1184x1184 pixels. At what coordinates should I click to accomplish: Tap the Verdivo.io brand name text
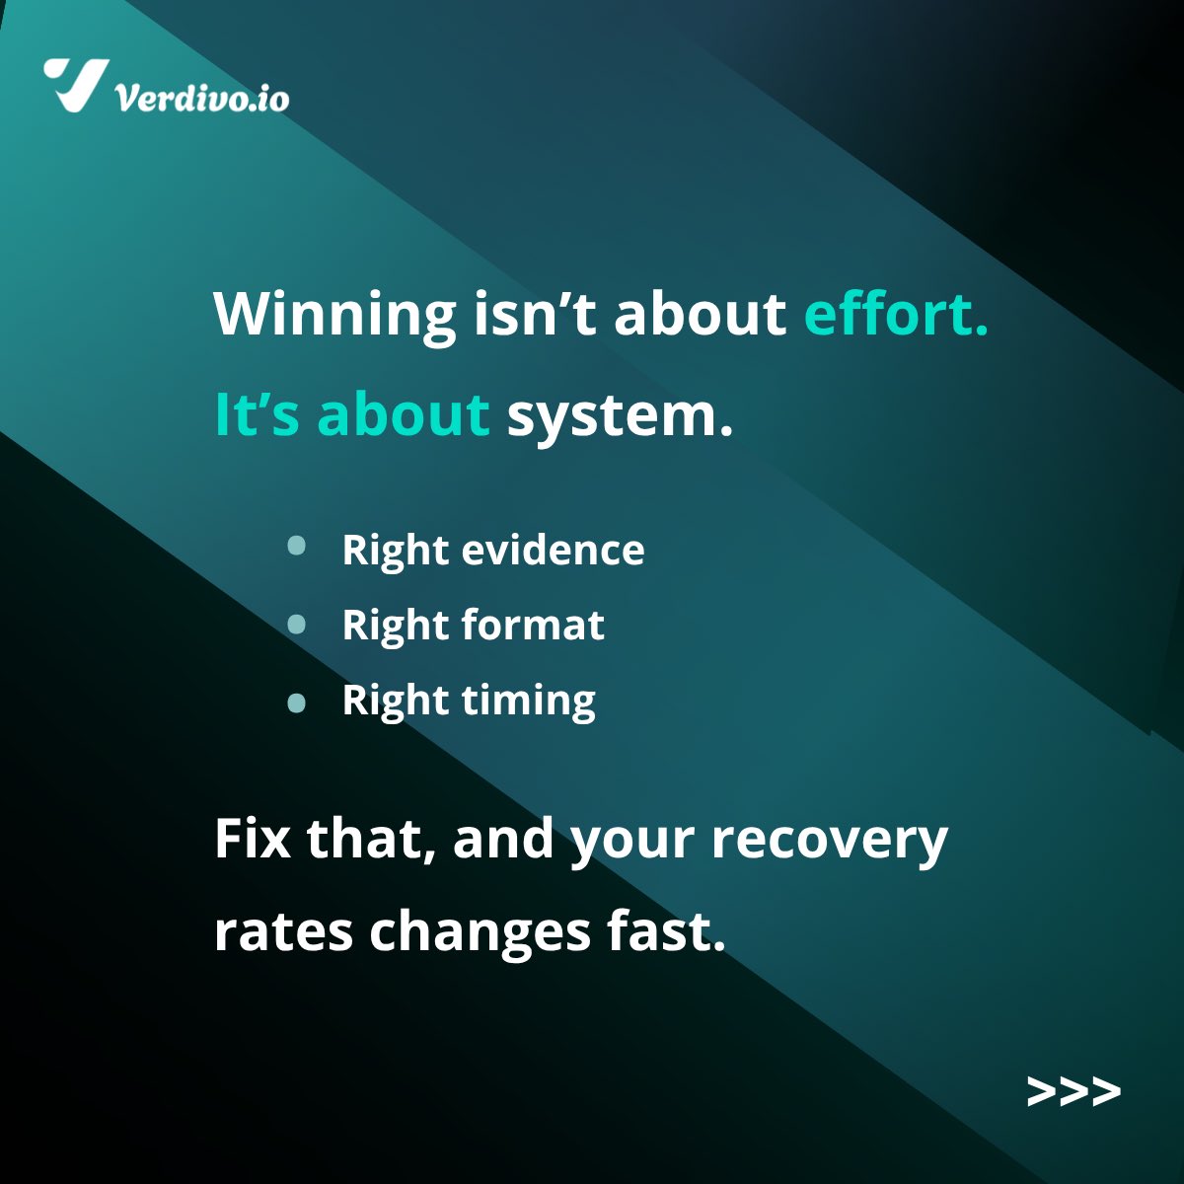(202, 98)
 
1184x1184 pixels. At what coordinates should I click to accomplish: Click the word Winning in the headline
(334, 314)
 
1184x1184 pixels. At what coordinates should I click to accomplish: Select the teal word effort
(896, 314)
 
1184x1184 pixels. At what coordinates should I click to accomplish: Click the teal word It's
(257, 414)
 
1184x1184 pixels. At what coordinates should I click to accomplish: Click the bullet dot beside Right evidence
(296, 547)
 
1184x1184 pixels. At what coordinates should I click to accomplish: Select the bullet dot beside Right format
(296, 624)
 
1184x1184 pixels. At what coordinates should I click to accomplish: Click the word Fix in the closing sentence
(252, 839)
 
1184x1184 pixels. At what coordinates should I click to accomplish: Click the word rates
(283, 931)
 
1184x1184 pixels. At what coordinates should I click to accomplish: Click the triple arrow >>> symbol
(1073, 1091)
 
